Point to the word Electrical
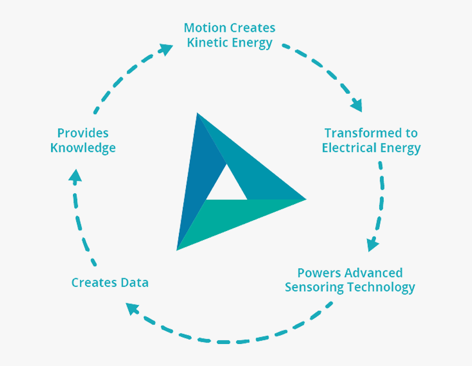(x=349, y=148)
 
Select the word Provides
(x=83, y=133)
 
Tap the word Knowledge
(x=83, y=148)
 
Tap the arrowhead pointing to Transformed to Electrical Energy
(x=356, y=105)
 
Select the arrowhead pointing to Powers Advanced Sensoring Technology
(x=373, y=244)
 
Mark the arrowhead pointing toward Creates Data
(x=132, y=308)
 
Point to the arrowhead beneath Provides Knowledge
(x=75, y=176)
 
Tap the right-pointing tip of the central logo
(x=306, y=199)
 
